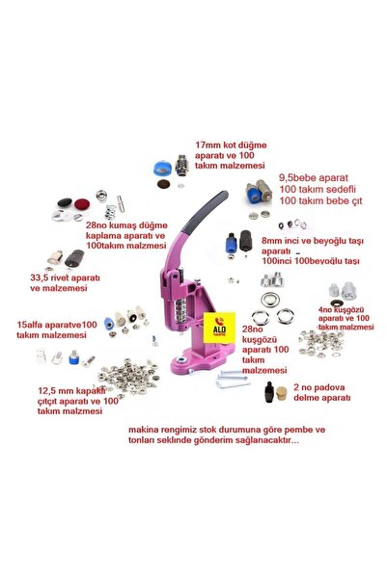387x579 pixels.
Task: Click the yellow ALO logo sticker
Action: (219, 328)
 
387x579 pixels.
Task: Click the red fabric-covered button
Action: (82, 204)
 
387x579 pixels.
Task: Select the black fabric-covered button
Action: (65, 202)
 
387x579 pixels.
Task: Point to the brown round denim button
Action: (163, 183)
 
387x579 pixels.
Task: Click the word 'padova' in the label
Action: (329, 387)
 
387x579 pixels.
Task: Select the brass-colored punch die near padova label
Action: (282, 394)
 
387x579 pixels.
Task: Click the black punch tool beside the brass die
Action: (269, 392)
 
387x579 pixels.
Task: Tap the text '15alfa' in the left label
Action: (29, 325)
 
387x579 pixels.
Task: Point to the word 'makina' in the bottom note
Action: (140, 430)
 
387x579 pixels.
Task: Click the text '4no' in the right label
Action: (324, 309)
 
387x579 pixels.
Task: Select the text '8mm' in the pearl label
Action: (271, 241)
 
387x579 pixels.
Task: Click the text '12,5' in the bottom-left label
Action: (47, 391)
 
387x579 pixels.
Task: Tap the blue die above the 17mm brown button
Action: (162, 169)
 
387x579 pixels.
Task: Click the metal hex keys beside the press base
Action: (233, 379)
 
